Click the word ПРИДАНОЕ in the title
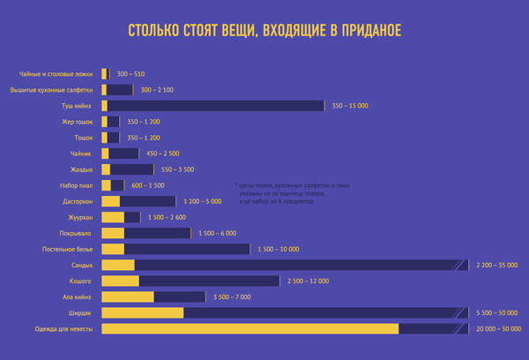pyautogui.click(x=365, y=33)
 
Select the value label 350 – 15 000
pyautogui.click(x=350, y=106)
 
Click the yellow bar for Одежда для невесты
pyautogui.click(x=250, y=329)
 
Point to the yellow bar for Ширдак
pyautogui.click(x=143, y=312)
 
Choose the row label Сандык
pyautogui.click(x=82, y=265)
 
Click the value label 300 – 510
pyautogui.click(x=130, y=74)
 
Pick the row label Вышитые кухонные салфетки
pyautogui.click(x=52, y=90)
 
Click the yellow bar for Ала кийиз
pyautogui.click(x=128, y=296)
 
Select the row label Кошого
pyautogui.click(x=82, y=281)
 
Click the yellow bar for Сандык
pyautogui.click(x=118, y=265)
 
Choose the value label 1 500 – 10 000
pyautogui.click(x=278, y=249)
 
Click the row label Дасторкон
pyautogui.click(x=77, y=201)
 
